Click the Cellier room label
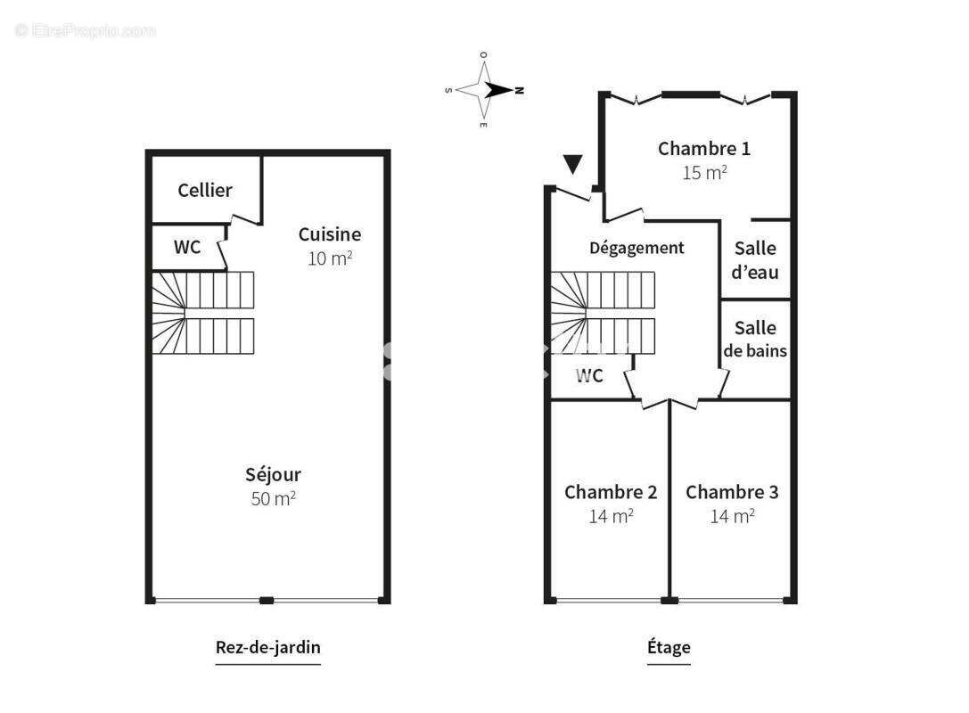tap(204, 190)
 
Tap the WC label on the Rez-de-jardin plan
tap(186, 247)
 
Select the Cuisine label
tap(329, 234)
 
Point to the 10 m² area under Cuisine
tap(329, 258)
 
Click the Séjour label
tap(273, 475)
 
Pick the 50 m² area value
tap(273, 498)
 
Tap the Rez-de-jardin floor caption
tap(267, 647)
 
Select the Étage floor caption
tap(669, 647)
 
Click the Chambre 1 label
tap(703, 149)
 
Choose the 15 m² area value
tap(703, 173)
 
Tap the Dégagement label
tap(636, 248)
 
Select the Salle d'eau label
tap(754, 259)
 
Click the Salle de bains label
tap(755, 340)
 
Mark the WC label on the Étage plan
tap(588, 376)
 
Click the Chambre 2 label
tap(611, 492)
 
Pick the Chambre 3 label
tap(732, 492)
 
